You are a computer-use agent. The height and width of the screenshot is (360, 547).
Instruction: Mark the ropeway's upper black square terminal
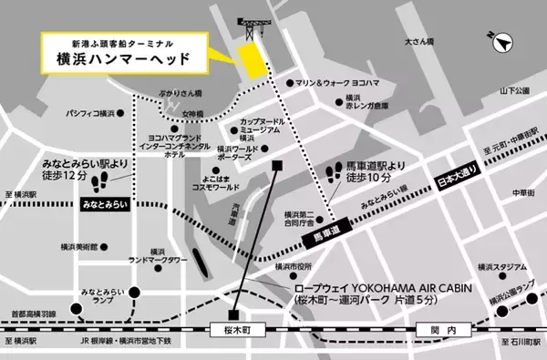coord(277,165)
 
